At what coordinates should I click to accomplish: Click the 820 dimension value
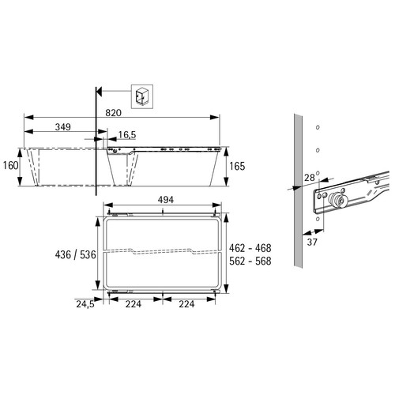(113, 113)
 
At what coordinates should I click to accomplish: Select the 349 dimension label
(63, 127)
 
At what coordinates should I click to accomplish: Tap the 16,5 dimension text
(127, 135)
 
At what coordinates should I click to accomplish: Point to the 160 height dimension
(10, 166)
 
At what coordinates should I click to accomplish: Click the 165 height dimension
(237, 167)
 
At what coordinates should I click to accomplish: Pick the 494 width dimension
(166, 200)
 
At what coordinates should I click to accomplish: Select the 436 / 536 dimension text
(75, 255)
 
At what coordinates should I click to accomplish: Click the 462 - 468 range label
(250, 248)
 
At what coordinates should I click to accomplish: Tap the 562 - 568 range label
(250, 261)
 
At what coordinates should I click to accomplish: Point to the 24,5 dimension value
(85, 304)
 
